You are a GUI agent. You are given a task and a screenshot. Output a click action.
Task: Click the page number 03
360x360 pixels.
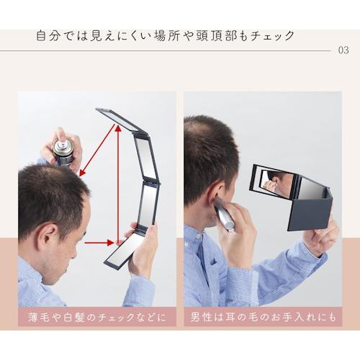pos(343,50)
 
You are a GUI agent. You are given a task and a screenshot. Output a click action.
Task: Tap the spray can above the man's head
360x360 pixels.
pos(63,153)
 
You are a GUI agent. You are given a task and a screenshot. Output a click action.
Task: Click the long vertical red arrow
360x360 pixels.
pos(118,184)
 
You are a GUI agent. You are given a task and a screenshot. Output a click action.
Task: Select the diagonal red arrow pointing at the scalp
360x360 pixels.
pos(98,150)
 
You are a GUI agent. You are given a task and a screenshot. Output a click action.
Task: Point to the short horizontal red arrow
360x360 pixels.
pos(99,243)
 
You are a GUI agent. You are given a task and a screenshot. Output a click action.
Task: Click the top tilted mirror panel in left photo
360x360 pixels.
pos(121,120)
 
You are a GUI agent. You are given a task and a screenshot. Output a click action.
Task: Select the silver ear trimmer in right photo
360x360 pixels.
pos(224,215)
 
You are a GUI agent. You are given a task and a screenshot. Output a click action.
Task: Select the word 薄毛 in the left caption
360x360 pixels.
pos(37,318)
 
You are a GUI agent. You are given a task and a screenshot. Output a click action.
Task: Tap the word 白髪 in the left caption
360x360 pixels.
pos(73,318)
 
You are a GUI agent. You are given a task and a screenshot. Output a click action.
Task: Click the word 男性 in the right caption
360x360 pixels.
pos(200,318)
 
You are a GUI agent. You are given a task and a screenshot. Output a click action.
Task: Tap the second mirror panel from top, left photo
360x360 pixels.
pos(145,158)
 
